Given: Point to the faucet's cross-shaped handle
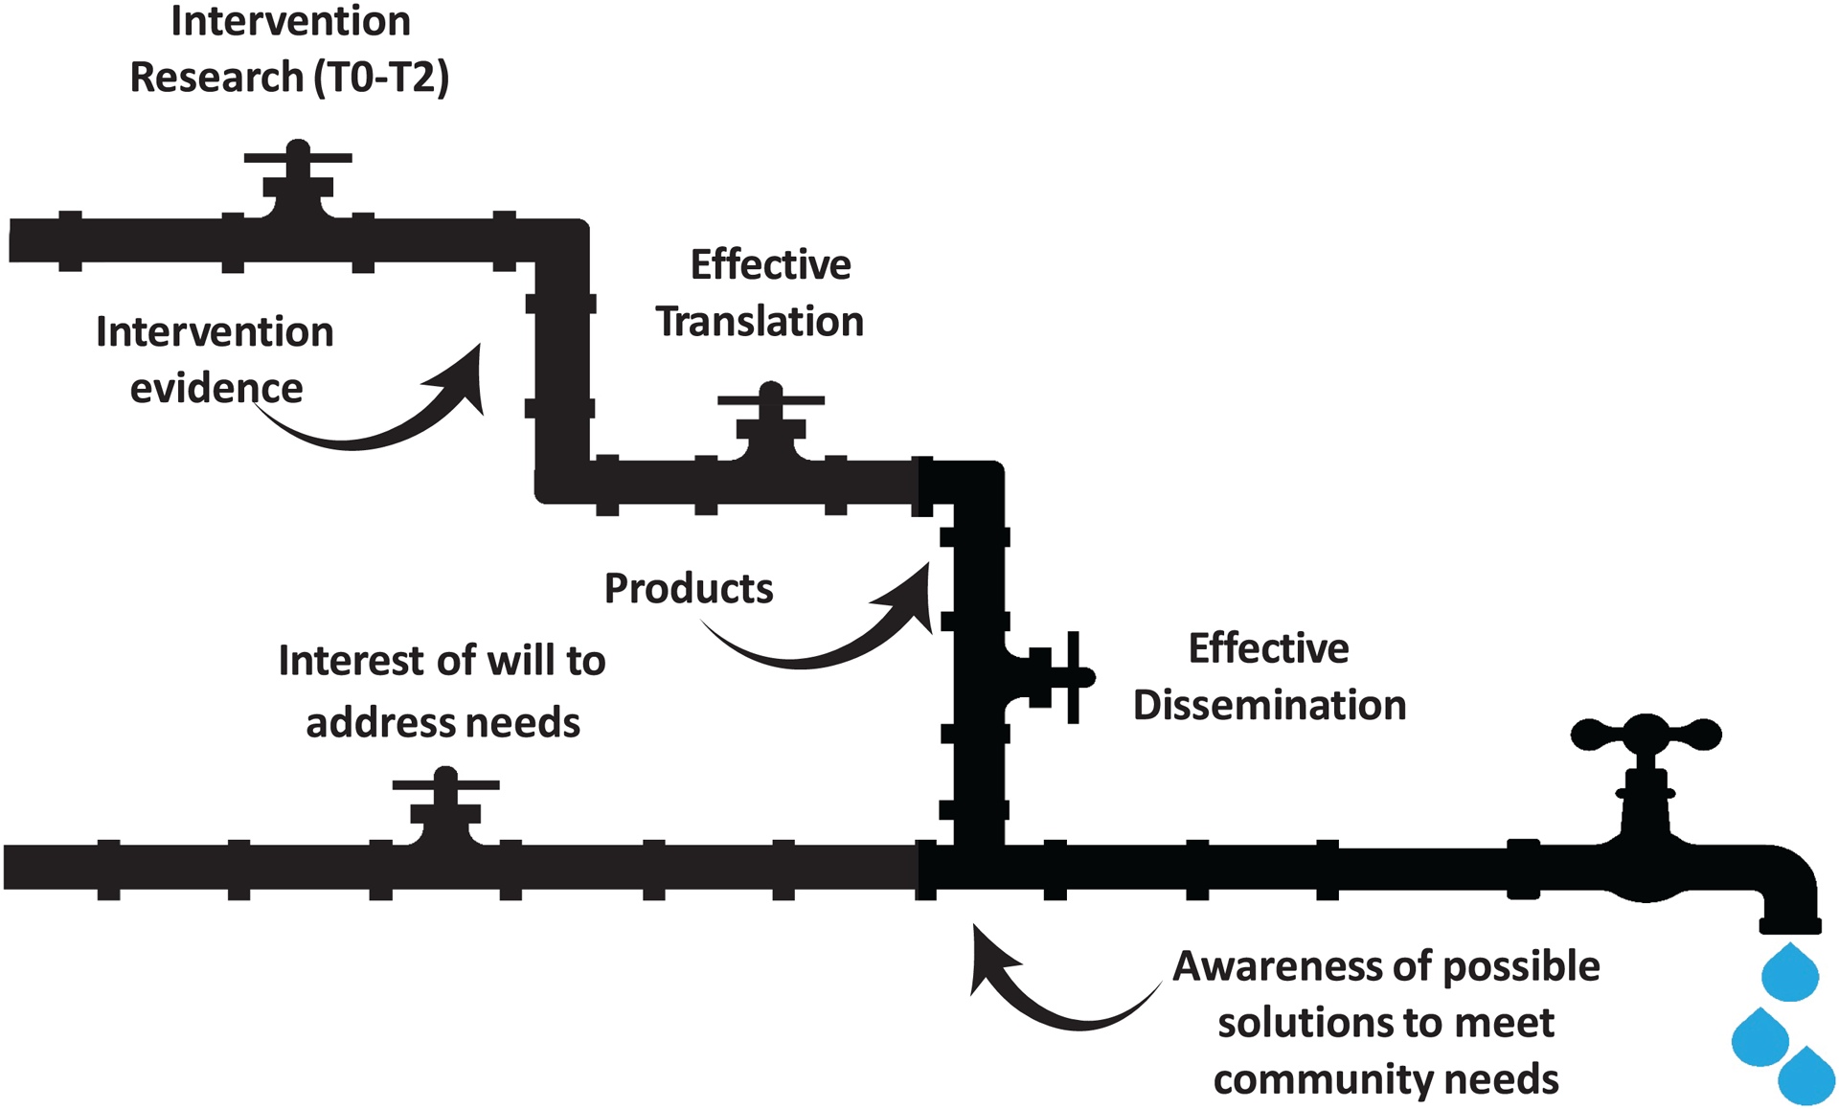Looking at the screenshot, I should [x=1646, y=736].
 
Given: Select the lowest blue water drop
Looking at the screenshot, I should [x=1806, y=1076].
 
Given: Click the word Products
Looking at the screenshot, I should [x=689, y=588].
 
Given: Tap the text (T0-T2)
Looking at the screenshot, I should [x=381, y=77].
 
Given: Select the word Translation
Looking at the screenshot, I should [x=760, y=321].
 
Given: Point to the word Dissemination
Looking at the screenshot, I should [x=1269, y=705].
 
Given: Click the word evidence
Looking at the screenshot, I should [x=216, y=388].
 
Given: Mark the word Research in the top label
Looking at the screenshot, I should [x=216, y=77].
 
